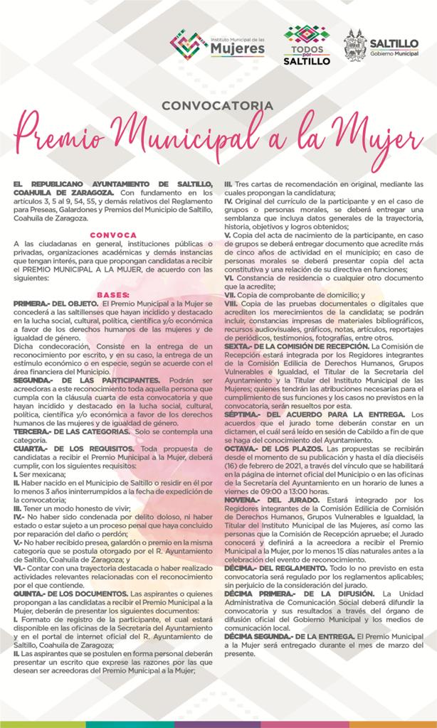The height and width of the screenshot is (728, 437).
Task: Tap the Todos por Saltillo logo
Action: [x=307, y=45]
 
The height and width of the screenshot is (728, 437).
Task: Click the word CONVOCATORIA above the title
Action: [x=218, y=105]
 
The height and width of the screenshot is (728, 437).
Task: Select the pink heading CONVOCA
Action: [x=114, y=234]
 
